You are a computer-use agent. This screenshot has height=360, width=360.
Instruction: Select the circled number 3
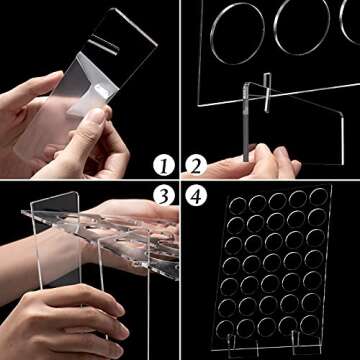(x=164, y=196)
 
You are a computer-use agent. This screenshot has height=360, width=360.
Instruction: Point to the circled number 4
(x=196, y=196)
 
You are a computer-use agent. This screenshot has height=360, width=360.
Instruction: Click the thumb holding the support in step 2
(x=262, y=153)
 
